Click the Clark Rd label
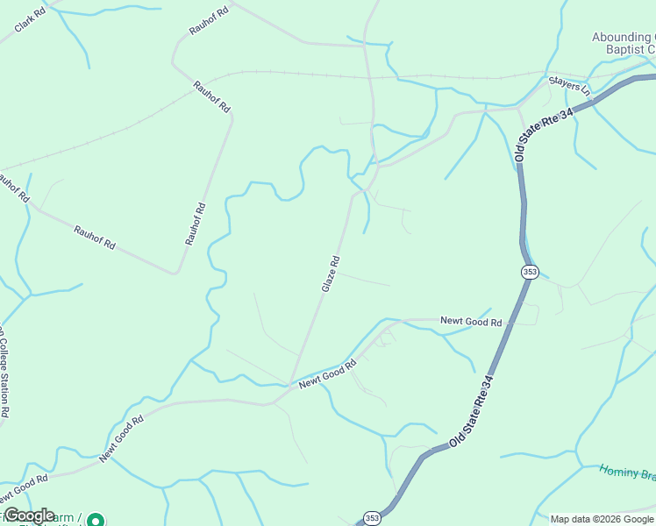30,22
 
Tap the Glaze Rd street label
330,274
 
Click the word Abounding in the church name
624,37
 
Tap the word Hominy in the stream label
617,471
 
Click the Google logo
29,515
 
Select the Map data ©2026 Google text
602,519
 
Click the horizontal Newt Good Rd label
471,323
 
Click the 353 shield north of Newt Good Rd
529,273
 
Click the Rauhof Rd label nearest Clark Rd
208,18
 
